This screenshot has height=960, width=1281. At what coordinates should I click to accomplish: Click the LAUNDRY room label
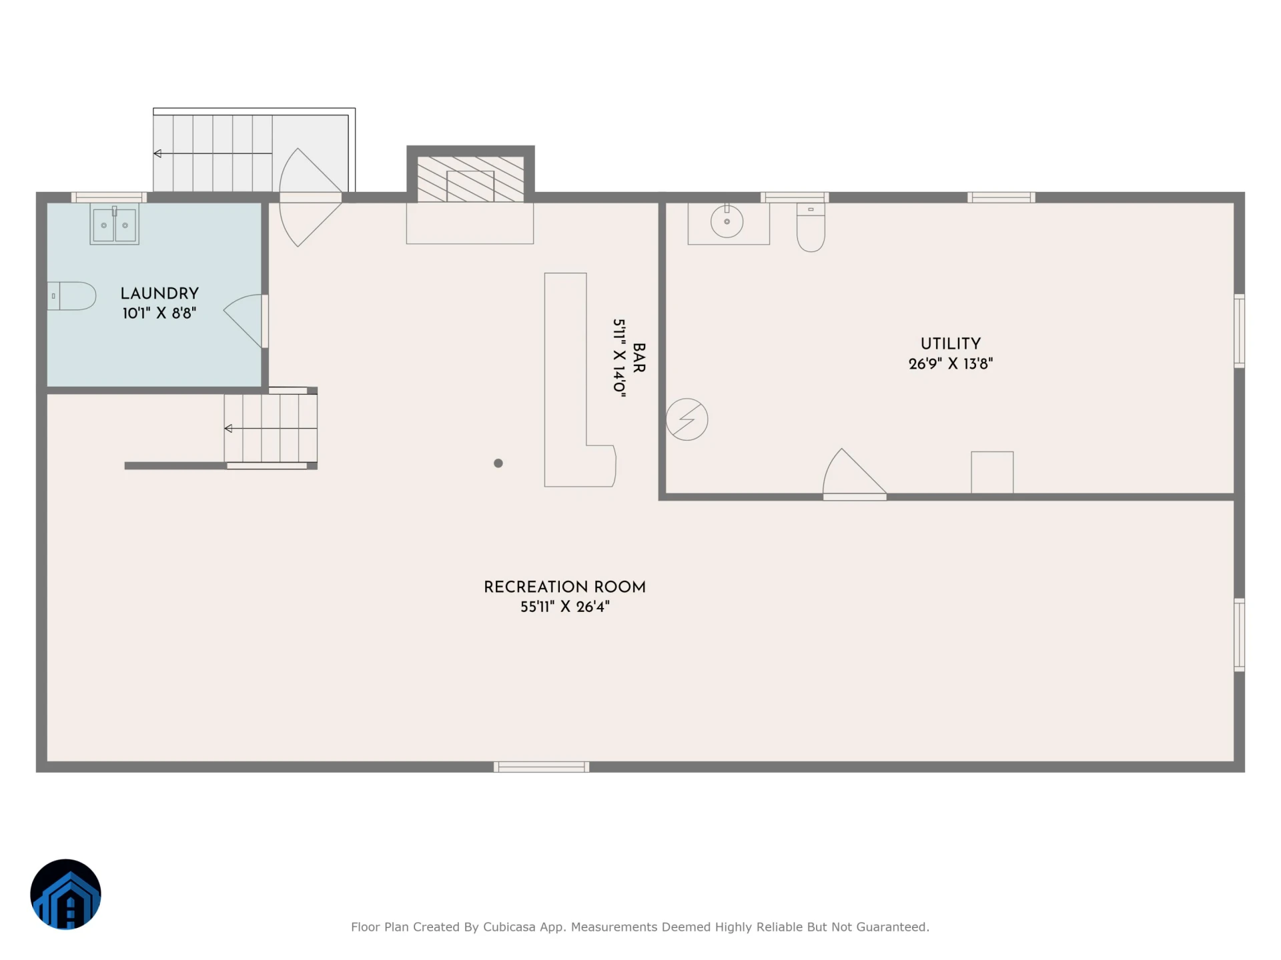[159, 293]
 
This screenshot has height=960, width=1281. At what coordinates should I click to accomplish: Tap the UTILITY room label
[951, 343]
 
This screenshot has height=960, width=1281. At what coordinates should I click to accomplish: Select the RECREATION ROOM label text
[564, 587]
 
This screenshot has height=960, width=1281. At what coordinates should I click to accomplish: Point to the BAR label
[638, 358]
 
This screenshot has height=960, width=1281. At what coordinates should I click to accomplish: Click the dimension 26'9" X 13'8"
[951, 363]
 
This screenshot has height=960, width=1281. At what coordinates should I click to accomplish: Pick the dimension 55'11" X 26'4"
[564, 607]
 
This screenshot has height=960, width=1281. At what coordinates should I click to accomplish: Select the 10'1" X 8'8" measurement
[159, 313]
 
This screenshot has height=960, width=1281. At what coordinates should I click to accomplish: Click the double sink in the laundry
[115, 225]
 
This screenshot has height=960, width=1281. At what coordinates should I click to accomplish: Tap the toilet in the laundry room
[72, 296]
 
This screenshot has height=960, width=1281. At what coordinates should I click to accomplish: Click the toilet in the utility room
[811, 227]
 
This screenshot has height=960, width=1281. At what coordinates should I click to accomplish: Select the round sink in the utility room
[727, 221]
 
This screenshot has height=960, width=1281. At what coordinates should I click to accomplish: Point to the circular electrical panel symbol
[687, 419]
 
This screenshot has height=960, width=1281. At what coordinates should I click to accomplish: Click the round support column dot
[498, 463]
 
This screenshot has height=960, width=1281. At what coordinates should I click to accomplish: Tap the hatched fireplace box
[470, 179]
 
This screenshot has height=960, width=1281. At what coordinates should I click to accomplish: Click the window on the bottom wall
[541, 767]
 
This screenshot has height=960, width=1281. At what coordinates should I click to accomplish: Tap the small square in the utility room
[992, 473]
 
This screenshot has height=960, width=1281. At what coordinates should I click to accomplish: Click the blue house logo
[65, 894]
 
